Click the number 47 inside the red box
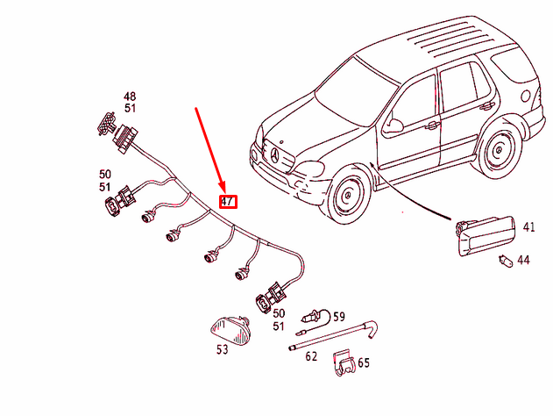228,201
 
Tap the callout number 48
130,97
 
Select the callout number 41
528,227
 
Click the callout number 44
523,261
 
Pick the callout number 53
222,349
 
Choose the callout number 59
338,317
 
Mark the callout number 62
310,356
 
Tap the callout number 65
363,362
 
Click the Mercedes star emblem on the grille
274,156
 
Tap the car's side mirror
393,126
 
